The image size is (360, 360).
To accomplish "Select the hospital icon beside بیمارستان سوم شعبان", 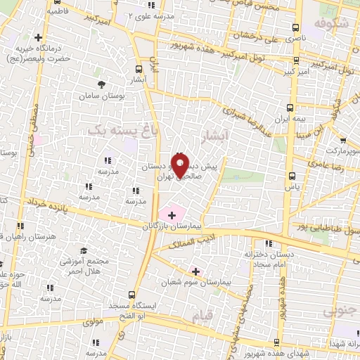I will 195,271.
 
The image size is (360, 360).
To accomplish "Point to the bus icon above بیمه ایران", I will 291,108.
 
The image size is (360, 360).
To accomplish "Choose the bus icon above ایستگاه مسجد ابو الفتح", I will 131,295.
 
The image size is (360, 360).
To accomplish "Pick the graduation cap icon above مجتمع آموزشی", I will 84,250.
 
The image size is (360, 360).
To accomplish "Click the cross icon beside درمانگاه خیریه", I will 38,37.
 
